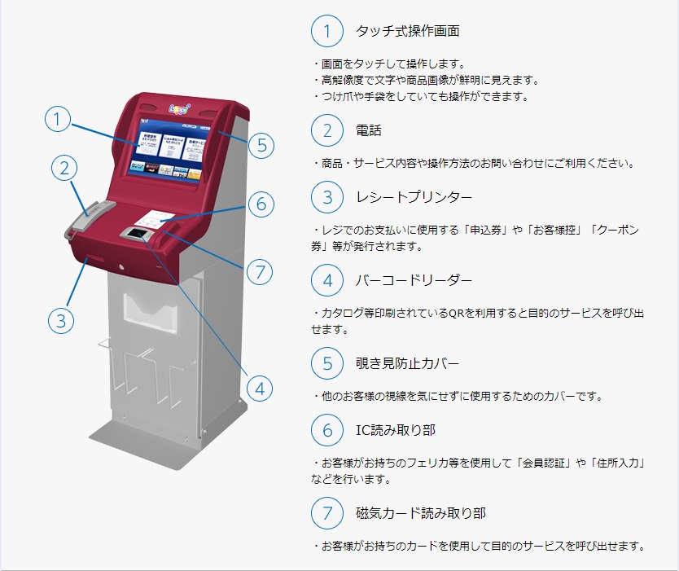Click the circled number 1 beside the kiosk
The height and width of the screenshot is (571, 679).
pyautogui.click(x=58, y=119)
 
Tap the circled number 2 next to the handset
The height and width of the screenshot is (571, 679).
pyautogui.click(x=64, y=168)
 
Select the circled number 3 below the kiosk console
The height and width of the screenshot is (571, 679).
pyautogui.click(x=60, y=321)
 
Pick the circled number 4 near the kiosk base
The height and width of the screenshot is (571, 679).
pyautogui.click(x=260, y=389)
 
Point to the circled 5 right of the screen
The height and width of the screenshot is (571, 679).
pyautogui.click(x=261, y=145)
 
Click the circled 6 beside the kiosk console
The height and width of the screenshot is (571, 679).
pyautogui.click(x=261, y=204)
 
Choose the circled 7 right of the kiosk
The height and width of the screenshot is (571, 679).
pyautogui.click(x=260, y=272)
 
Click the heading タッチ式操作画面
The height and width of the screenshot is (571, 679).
pyautogui.click(x=408, y=31)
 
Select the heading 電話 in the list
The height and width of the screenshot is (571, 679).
pyautogui.click(x=369, y=130)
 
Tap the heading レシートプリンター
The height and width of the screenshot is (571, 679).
pyautogui.click(x=414, y=197)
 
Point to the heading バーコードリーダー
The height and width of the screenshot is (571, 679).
pyautogui.click(x=414, y=280)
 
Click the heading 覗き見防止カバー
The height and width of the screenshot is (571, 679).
pyautogui.click(x=407, y=363)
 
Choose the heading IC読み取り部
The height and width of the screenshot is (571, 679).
pyautogui.click(x=396, y=430)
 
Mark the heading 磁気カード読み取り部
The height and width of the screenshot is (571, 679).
pyautogui.click(x=420, y=513)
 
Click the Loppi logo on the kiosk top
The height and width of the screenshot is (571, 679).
pyautogui.click(x=179, y=108)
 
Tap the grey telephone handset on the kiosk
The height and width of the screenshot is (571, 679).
pyautogui.click(x=90, y=219)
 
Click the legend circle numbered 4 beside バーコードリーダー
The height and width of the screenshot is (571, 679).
pyautogui.click(x=327, y=280)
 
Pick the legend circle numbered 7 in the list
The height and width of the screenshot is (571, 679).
pyautogui.click(x=327, y=513)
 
